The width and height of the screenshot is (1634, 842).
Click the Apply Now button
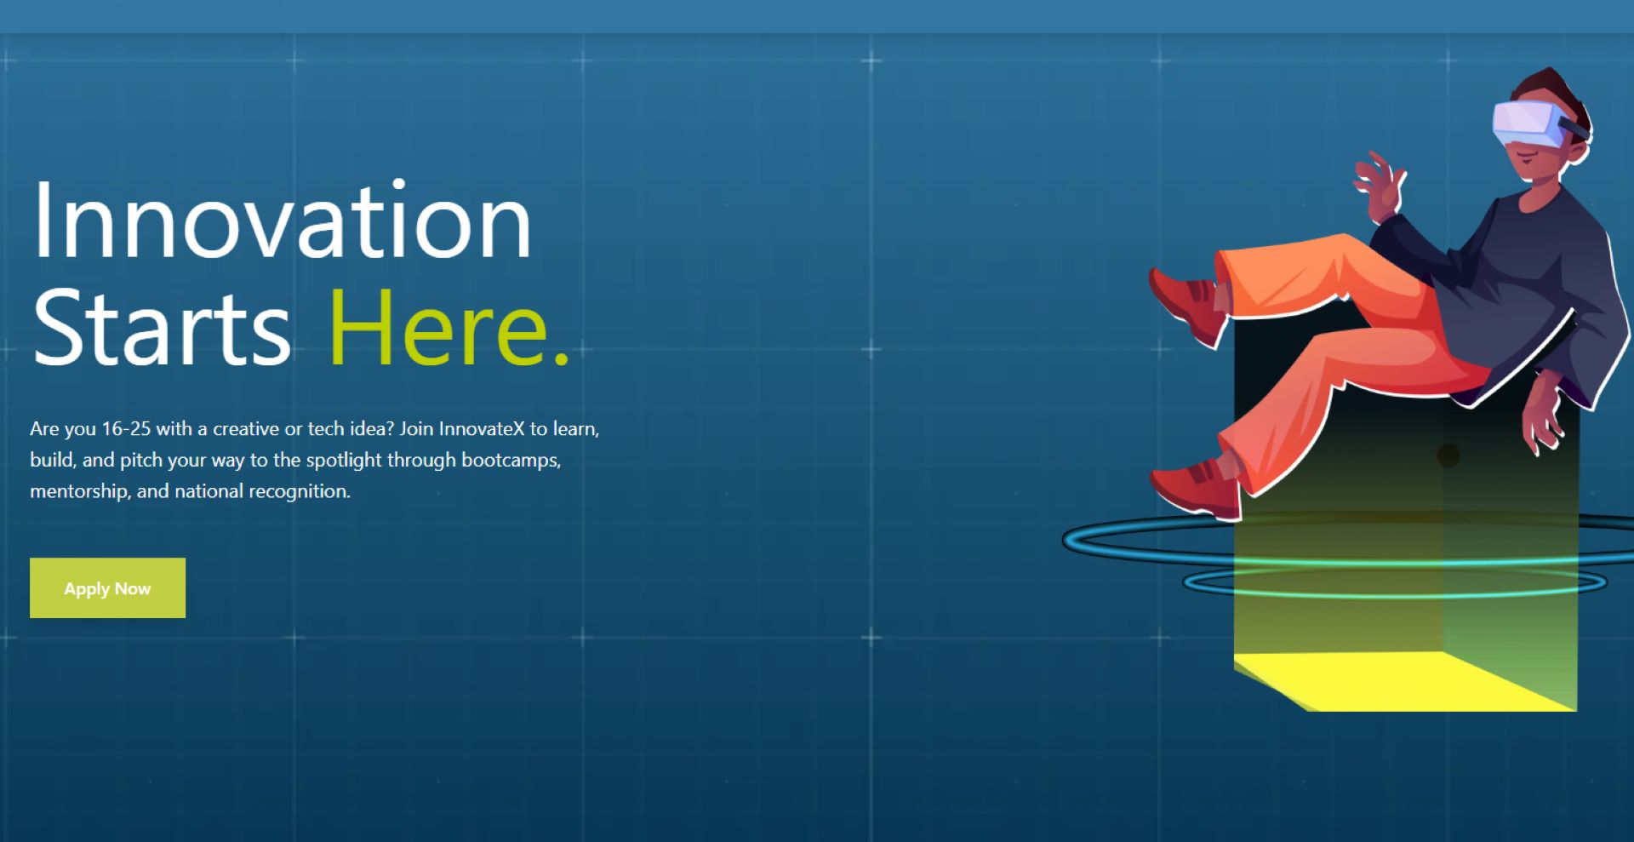pyautogui.click(x=107, y=587)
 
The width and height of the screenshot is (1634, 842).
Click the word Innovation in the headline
pyautogui.click(x=282, y=221)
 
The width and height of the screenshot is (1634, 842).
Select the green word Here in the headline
pyautogui.click(x=438, y=328)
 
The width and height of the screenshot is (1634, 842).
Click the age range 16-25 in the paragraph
pyautogui.click(x=126, y=428)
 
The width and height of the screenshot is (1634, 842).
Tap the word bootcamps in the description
pyautogui.click(x=511, y=461)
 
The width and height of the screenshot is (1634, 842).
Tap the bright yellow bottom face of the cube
pyautogui.click(x=1404, y=681)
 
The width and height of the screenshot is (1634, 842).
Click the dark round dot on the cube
pyautogui.click(x=1448, y=455)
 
